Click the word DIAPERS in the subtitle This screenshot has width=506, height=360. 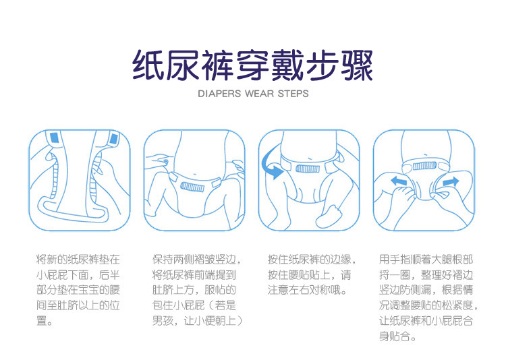tap(219, 94)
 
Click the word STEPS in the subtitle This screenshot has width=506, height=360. tap(293, 94)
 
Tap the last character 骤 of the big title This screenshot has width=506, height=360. tap(357, 65)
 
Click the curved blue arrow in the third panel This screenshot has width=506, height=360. tap(271, 164)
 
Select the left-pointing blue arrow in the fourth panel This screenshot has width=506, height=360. tap(399, 181)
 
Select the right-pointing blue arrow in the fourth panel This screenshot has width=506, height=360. tap(451, 182)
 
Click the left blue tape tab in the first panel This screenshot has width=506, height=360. tap(55, 137)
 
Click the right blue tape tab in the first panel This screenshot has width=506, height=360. tap(113, 139)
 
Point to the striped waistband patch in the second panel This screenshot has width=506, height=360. tap(192, 187)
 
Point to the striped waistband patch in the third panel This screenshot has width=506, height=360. tap(308, 169)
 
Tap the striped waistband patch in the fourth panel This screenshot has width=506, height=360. tap(424, 166)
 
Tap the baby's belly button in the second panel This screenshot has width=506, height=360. tap(194, 175)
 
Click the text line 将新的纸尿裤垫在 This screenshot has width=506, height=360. tap(78, 260)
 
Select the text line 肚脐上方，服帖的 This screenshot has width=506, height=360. tap(194, 290)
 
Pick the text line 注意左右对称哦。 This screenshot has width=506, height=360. tap(308, 290)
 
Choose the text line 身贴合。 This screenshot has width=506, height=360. tap(397, 336)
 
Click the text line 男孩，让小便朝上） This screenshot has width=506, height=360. tap(197, 321)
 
